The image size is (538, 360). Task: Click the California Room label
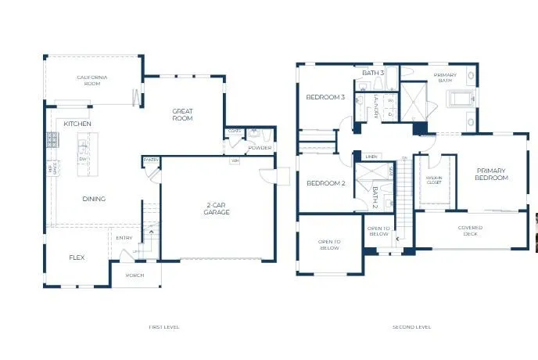91,80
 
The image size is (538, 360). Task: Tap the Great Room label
182,115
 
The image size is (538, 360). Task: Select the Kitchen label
77,124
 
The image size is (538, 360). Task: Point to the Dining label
94,199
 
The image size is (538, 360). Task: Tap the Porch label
134,275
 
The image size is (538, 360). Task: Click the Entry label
124,238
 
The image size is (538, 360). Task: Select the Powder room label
260,148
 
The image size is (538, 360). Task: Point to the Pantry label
151,160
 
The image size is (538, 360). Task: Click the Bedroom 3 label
325,97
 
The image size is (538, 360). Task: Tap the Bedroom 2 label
325,183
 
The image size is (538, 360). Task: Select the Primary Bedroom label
491,174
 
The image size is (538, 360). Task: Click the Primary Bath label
449,78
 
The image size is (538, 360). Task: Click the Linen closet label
371,157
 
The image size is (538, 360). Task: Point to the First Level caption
163,327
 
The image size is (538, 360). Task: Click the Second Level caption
411,327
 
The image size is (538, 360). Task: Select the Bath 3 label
373,73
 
